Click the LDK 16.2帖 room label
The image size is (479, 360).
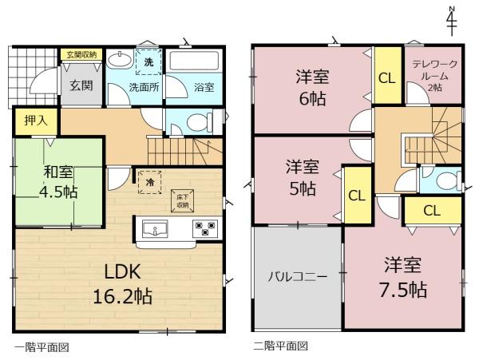point(122,284)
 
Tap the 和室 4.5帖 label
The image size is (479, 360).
point(58,183)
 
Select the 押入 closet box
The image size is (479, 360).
point(36,121)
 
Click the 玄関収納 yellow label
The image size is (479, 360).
point(81,55)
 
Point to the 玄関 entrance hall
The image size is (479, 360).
point(81,85)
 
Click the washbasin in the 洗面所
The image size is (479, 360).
point(120,60)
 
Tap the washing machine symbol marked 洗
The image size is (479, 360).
point(148,62)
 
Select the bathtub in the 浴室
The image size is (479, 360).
point(193,61)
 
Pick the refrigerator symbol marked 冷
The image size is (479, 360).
point(150,182)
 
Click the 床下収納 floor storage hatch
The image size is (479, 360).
point(182,201)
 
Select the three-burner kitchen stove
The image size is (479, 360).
point(205,228)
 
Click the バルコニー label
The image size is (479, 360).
point(298,277)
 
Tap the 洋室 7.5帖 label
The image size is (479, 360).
point(403,277)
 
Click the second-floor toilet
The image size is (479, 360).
point(449,180)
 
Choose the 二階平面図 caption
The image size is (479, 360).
point(280,346)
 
